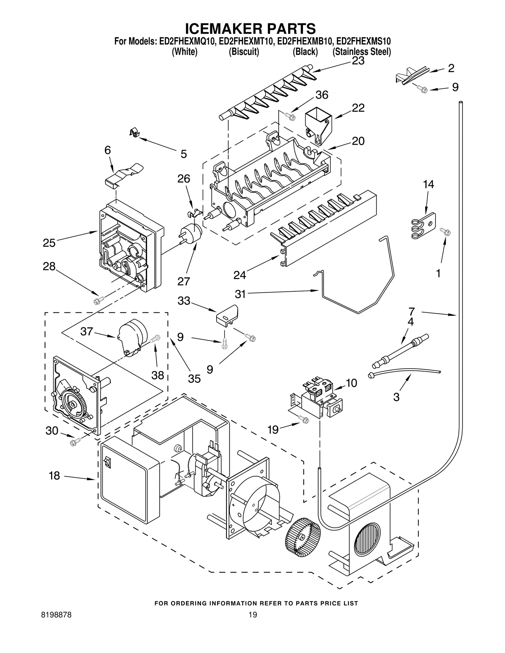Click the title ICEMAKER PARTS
pyautogui.click(x=250, y=28)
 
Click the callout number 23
pyautogui.click(x=358, y=61)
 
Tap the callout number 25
pyautogui.click(x=49, y=243)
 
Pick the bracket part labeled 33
pyautogui.click(x=227, y=314)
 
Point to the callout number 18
pyautogui.click(x=54, y=475)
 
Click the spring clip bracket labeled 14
pyautogui.click(x=424, y=226)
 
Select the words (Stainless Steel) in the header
pyautogui.click(x=362, y=52)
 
